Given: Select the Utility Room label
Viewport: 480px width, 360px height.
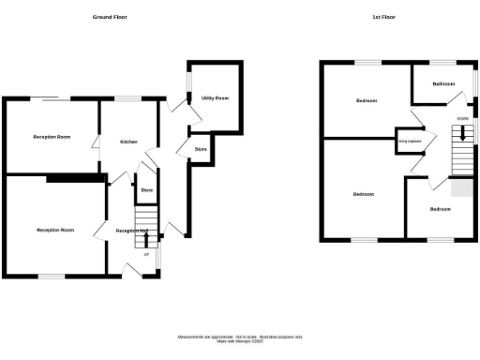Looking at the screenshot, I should (216, 97).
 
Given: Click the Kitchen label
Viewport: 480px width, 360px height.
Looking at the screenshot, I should (128, 142).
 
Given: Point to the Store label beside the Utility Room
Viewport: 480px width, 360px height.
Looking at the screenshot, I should (200, 149).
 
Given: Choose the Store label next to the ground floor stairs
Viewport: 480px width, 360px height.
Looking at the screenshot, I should (146, 190).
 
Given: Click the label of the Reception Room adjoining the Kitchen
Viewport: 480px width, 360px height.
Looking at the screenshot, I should (52, 137).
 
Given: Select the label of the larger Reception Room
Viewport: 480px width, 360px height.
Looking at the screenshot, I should (54, 230).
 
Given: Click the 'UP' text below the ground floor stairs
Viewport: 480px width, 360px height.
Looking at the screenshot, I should (145, 254).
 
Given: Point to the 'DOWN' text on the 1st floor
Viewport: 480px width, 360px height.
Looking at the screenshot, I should (462, 119).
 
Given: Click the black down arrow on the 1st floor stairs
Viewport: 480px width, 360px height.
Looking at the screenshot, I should (461, 134).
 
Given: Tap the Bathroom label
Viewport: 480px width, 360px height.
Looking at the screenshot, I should (443, 84).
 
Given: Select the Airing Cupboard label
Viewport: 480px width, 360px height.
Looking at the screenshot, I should (409, 142).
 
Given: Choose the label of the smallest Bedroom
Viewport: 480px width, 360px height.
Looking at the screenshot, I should (440, 208).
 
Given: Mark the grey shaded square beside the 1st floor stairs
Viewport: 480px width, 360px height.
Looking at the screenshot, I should (460, 188).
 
